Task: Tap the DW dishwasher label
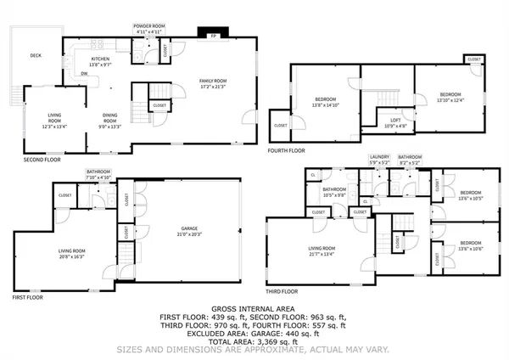pos(84,74)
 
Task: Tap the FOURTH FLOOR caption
pos(285,150)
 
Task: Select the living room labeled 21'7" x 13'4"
pos(322,250)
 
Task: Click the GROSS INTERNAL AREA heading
pos(255,309)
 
